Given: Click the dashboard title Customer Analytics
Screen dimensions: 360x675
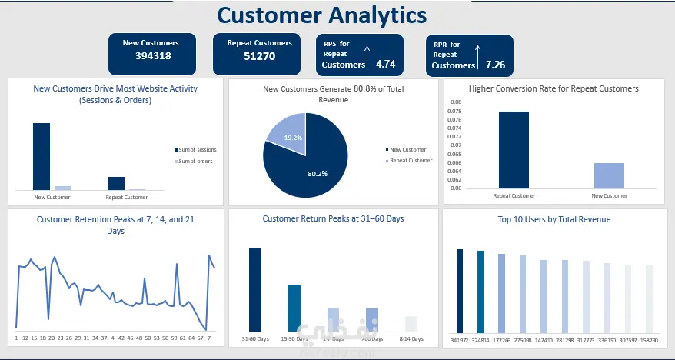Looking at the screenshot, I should tap(321, 15).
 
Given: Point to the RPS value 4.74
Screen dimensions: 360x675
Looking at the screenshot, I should tap(385, 64).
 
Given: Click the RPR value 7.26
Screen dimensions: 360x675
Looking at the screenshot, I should tap(495, 65).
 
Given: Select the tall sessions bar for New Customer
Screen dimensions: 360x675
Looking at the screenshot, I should tap(41, 156).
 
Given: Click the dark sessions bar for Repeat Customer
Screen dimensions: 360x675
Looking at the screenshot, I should tap(115, 182).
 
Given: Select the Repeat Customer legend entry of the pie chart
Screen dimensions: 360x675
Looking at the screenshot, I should tap(411, 161).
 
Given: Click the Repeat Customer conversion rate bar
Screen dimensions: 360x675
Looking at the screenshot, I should tap(514, 150).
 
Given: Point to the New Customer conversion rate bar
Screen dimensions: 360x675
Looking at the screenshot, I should tap(609, 175).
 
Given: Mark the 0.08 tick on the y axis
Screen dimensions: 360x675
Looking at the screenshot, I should tap(455, 102).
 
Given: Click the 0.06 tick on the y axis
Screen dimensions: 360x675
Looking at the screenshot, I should tap(455, 188).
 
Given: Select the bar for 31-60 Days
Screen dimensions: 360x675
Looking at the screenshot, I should tap(255, 288).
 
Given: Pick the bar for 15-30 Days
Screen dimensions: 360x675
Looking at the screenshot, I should tap(294, 307).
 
